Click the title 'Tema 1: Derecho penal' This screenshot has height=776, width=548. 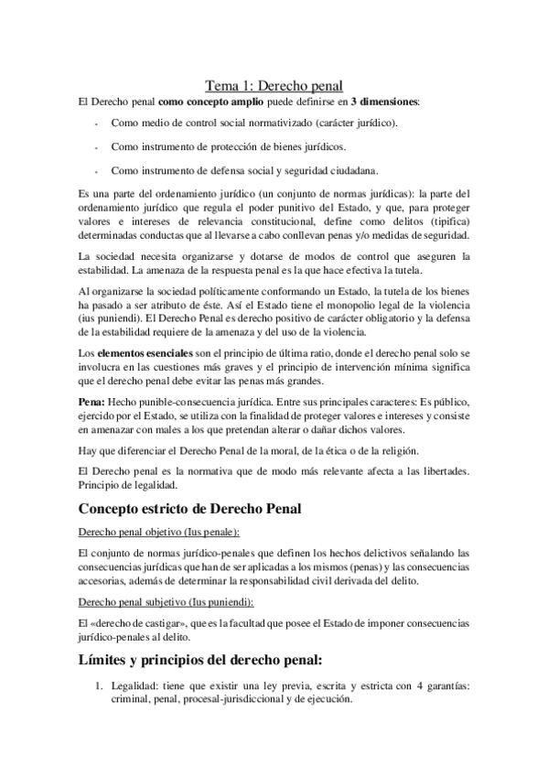[274, 85]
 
